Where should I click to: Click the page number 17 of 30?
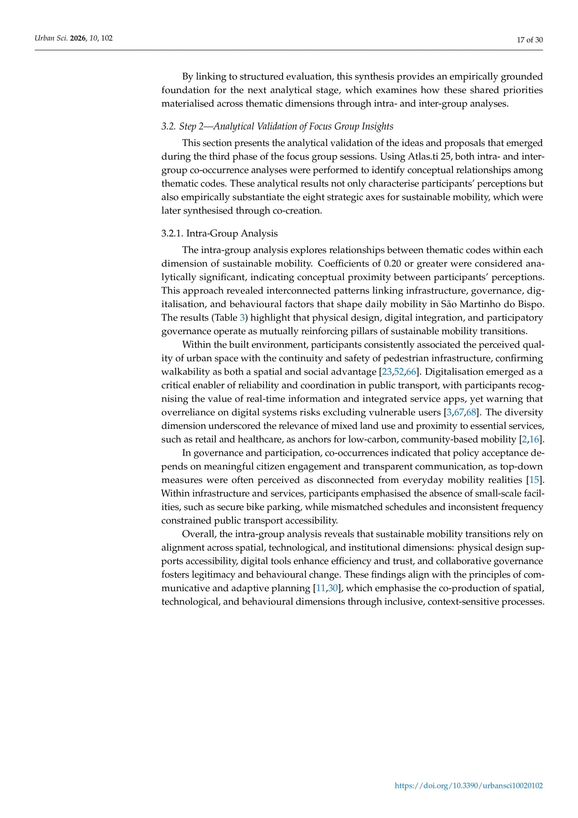(x=529, y=40)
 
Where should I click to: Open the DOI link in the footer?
(x=469, y=786)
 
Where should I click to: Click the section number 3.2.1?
(x=172, y=234)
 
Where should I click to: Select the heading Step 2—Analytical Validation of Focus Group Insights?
(x=286, y=127)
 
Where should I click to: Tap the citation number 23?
(x=387, y=372)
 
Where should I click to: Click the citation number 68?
(x=471, y=413)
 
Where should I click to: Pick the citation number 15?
(x=534, y=480)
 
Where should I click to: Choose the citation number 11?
(x=320, y=588)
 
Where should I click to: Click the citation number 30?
(x=333, y=588)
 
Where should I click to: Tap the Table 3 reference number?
(x=242, y=318)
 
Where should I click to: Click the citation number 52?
(x=399, y=372)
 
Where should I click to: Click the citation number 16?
(x=534, y=440)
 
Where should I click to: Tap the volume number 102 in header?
(x=107, y=38)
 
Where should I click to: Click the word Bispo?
(x=531, y=304)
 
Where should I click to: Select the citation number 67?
(x=459, y=413)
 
